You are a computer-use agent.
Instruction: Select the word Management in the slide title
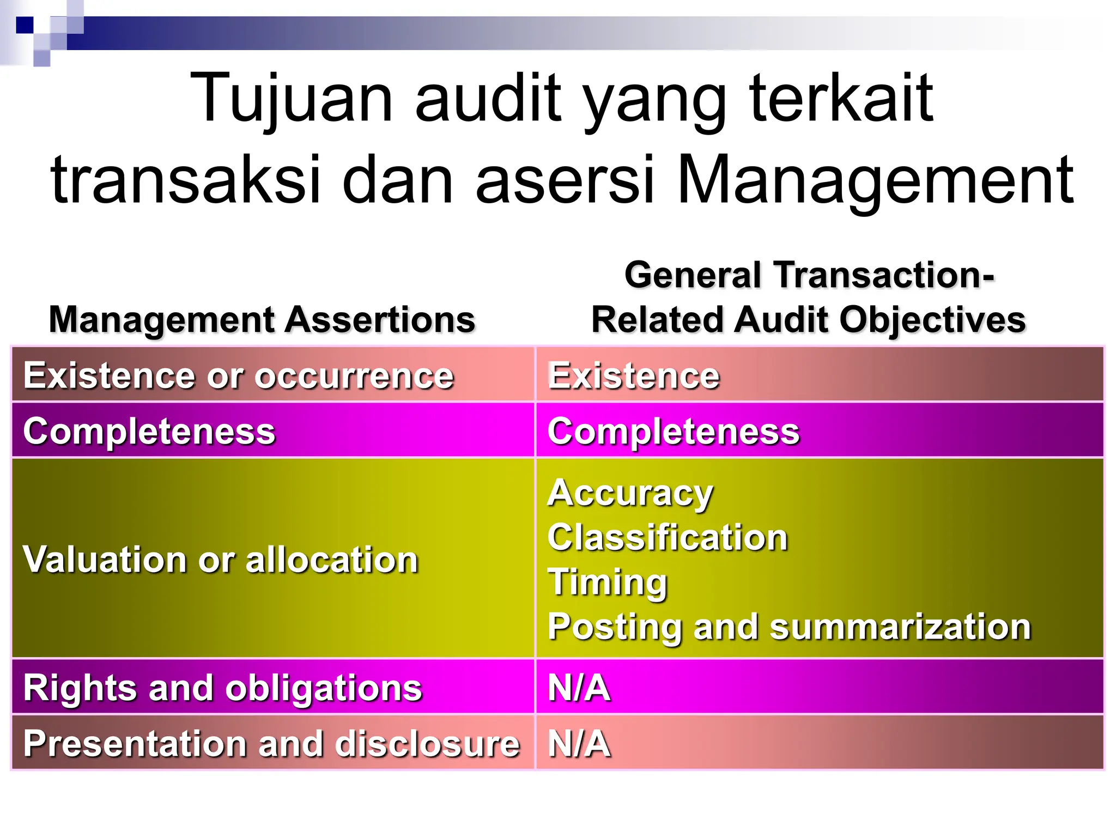(x=875, y=180)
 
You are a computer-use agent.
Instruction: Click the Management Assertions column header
(x=262, y=319)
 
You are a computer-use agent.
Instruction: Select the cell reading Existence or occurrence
(x=239, y=375)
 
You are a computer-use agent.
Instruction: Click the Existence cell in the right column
(x=634, y=375)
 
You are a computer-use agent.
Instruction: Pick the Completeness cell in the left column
(x=149, y=431)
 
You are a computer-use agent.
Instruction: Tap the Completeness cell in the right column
(x=674, y=431)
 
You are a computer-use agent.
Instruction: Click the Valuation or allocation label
(x=221, y=560)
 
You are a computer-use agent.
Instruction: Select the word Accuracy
(x=630, y=493)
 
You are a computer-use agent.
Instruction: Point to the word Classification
(x=668, y=538)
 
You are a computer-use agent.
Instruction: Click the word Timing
(x=608, y=582)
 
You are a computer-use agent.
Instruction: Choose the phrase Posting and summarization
(x=790, y=627)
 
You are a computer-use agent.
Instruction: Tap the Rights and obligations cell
(x=223, y=687)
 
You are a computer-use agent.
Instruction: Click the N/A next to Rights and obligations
(x=579, y=687)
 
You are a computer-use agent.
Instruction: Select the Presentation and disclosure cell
(x=271, y=743)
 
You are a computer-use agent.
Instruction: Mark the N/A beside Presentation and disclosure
(x=579, y=743)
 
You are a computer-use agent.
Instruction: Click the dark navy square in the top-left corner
(x=25, y=25)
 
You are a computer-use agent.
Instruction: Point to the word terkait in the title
(x=841, y=98)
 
